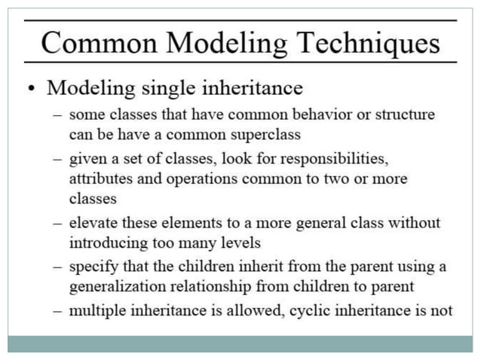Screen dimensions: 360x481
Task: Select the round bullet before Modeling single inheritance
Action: click(30, 89)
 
